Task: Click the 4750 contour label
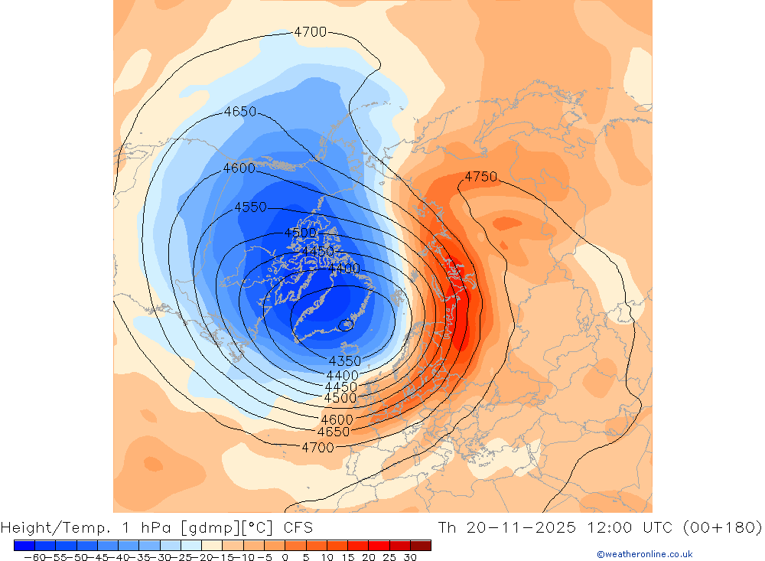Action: point(480,177)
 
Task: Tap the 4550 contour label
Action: point(251,207)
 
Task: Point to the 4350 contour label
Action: point(345,361)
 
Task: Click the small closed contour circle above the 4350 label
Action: point(347,325)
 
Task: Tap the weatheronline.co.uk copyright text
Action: point(645,554)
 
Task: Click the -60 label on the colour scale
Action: point(33,557)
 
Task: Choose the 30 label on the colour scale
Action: point(410,557)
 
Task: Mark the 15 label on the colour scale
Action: point(347,557)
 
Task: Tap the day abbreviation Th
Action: point(448,527)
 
